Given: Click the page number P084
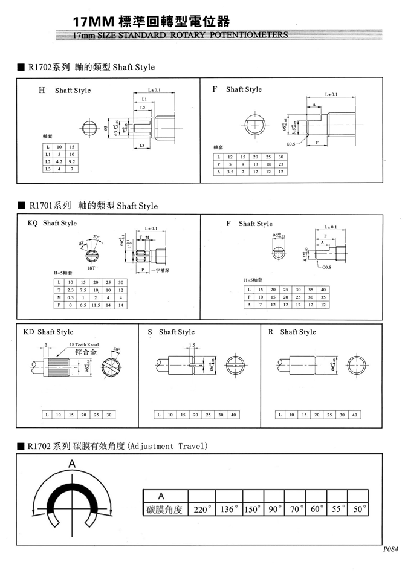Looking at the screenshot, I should (390, 550).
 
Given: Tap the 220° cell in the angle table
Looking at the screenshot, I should (201, 509).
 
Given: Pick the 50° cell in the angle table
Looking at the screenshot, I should (359, 509).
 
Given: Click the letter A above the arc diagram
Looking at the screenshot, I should (72, 464).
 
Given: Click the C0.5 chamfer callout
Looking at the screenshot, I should (290, 144).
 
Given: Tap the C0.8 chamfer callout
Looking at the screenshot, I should (326, 267).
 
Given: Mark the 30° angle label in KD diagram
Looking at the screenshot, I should (115, 349).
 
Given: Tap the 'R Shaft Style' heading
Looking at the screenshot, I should (292, 332).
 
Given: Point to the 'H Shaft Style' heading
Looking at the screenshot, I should (64, 91).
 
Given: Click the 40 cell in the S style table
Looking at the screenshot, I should (233, 415).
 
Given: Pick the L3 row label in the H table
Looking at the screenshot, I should (47, 169).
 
